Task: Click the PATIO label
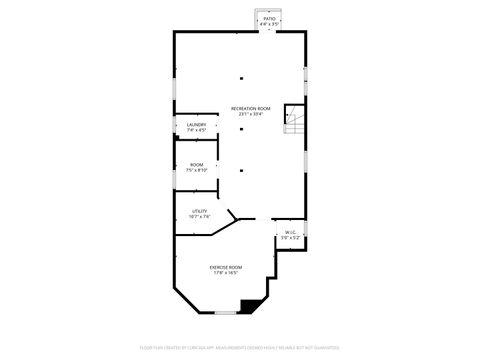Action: point(269,18)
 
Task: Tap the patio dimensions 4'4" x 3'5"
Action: point(269,24)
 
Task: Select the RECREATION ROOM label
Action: point(250,108)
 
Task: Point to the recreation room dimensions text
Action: point(250,114)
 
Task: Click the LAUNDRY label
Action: point(196,124)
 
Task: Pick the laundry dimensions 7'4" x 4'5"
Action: point(196,130)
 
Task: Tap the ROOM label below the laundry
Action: point(197,164)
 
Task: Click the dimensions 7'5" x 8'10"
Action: point(197,170)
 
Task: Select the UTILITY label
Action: point(200,210)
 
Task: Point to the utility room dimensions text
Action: point(200,216)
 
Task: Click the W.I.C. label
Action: point(290,232)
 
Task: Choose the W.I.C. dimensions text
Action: point(290,238)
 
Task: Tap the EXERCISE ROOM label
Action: point(225,267)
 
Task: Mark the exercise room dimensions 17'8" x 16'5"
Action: point(225,273)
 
